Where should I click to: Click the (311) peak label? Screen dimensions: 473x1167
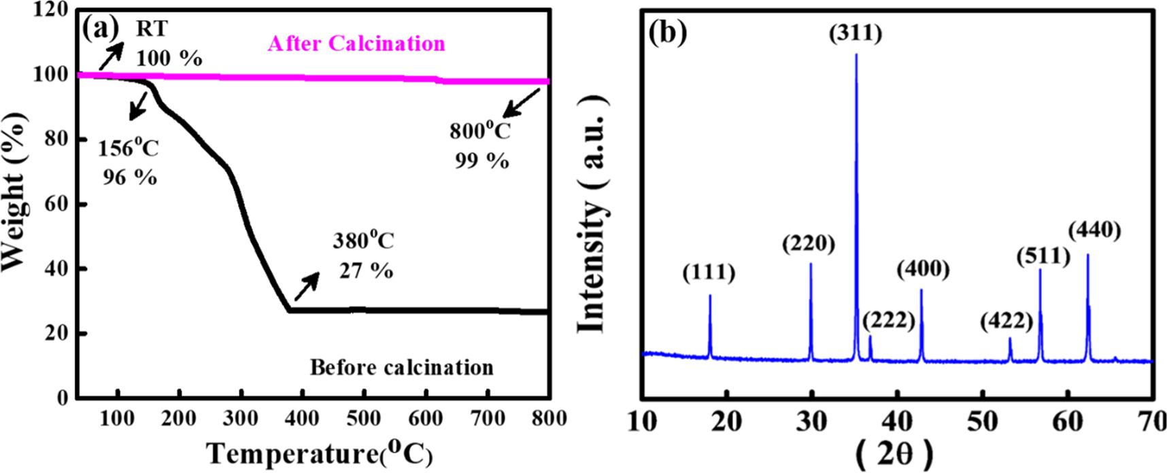pos(856,33)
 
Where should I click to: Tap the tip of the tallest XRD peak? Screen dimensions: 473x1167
pos(856,54)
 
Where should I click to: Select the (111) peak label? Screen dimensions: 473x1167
pos(709,273)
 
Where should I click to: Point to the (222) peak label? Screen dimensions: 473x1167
pos(889,319)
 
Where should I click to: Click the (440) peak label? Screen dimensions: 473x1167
pos(1094,231)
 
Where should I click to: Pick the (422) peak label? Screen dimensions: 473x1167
pos(1007,320)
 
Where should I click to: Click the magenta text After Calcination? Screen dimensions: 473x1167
pos(356,43)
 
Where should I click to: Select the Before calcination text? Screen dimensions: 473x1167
pos(401,368)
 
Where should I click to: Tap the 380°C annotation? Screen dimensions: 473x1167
pos(363,241)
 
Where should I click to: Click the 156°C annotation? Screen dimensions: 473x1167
pos(128,148)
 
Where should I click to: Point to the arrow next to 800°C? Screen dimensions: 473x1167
pos(521,103)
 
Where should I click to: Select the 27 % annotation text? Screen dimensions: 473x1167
pos(366,271)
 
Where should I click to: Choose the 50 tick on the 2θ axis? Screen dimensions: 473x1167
pos(982,421)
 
